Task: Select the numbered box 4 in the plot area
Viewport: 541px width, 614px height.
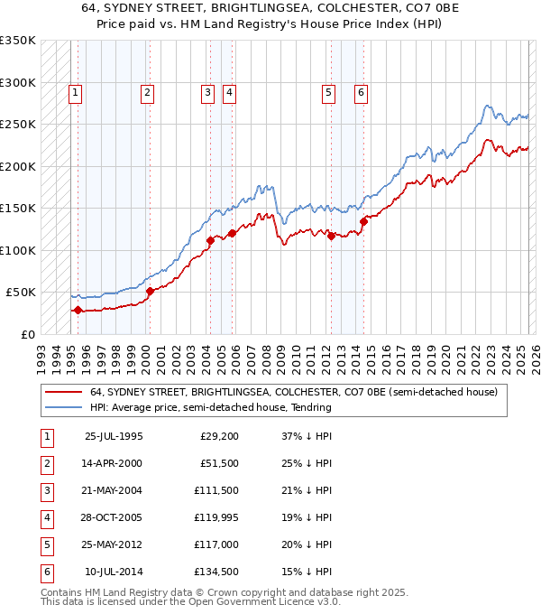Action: pyautogui.click(x=230, y=91)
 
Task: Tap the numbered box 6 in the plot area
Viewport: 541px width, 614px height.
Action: pyautogui.click(x=361, y=91)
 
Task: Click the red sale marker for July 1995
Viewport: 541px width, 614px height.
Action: pyautogui.click(x=78, y=310)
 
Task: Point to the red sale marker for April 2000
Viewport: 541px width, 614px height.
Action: pyautogui.click(x=150, y=291)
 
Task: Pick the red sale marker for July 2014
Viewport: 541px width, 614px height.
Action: pyautogui.click(x=363, y=221)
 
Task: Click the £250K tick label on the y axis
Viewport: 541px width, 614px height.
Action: pyautogui.click(x=18, y=124)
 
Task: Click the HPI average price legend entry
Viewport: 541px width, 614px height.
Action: pyautogui.click(x=210, y=407)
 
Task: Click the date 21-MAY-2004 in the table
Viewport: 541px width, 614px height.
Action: pyautogui.click(x=114, y=491)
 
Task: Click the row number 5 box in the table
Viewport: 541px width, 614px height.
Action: pyautogui.click(x=46, y=545)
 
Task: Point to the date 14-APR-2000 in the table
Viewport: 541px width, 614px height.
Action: pyautogui.click(x=114, y=464)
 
